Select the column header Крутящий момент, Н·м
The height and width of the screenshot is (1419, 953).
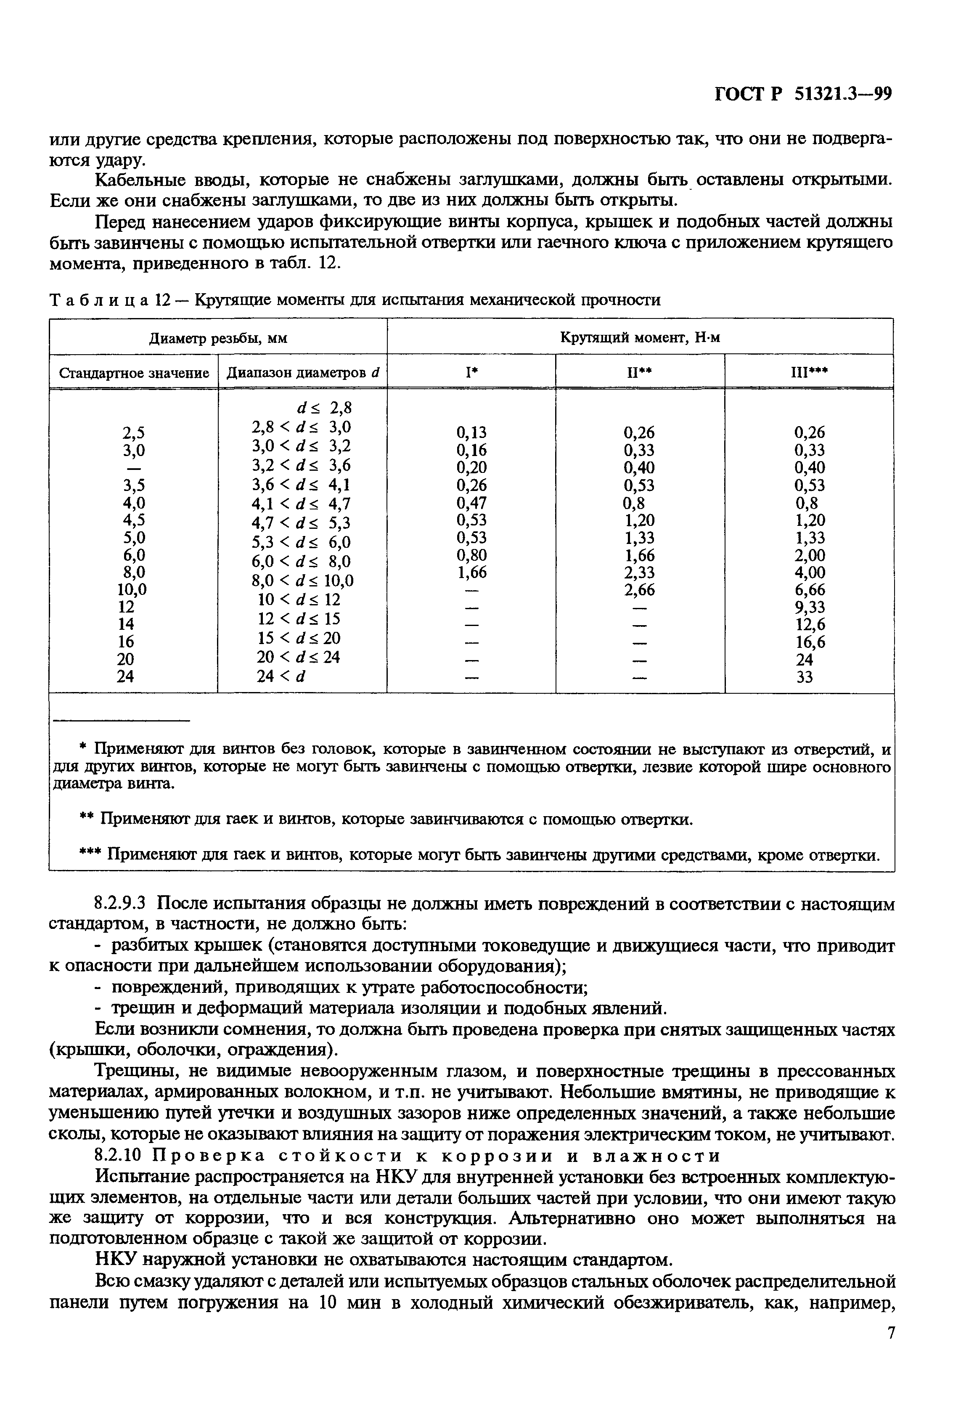coord(639,337)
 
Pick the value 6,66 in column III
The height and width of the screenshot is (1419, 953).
coord(810,590)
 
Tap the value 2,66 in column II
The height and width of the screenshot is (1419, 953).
coord(639,590)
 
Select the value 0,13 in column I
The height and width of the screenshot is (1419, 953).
coord(471,432)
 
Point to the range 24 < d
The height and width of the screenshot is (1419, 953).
coord(280,676)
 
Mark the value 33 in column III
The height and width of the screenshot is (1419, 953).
coord(804,676)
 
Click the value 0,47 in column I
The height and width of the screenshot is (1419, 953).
coord(471,502)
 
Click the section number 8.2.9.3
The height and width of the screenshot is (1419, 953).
coord(122,904)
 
